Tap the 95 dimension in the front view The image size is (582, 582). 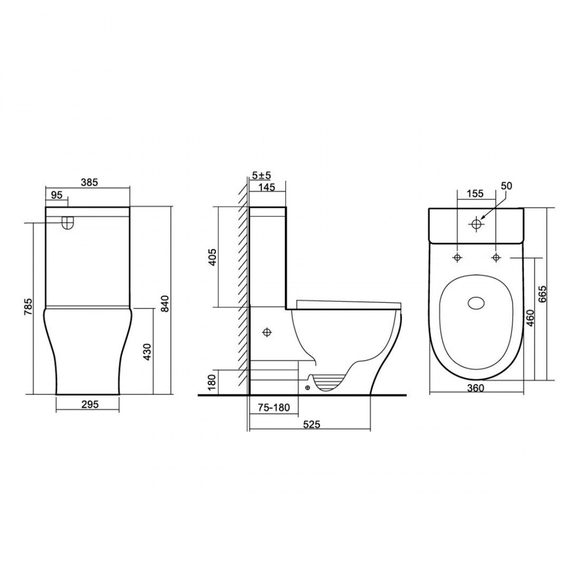[x=57, y=195]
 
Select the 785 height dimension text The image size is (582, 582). [x=30, y=308]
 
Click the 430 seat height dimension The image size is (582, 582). [x=148, y=352]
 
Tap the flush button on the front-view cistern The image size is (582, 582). [x=67, y=223]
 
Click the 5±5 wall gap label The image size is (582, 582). [x=261, y=174]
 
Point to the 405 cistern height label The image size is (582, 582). [x=212, y=257]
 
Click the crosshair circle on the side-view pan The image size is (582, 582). [x=267, y=332]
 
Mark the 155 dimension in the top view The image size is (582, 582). [x=475, y=194]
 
